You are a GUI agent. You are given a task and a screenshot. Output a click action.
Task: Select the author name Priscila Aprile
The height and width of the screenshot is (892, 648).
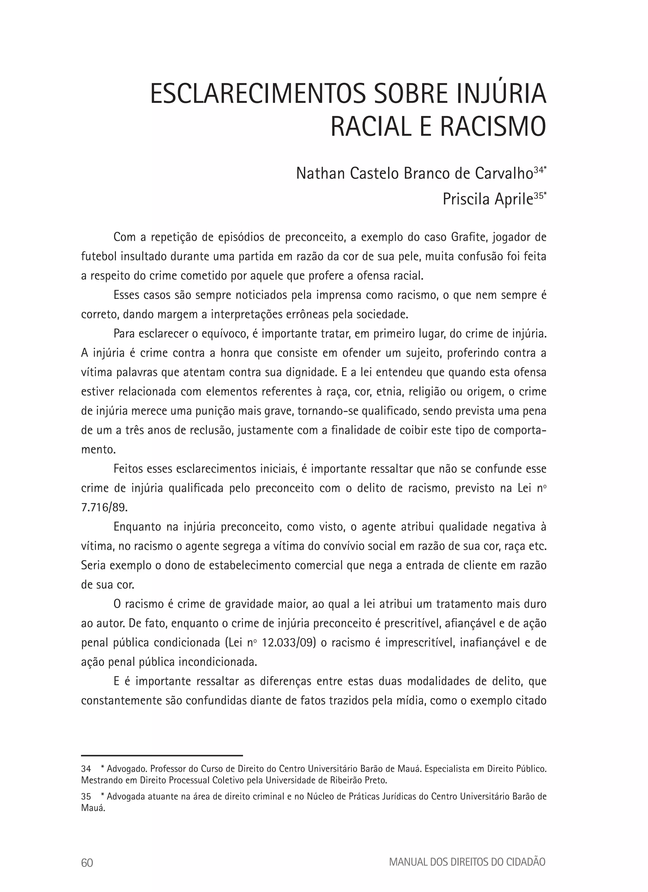click(x=488, y=200)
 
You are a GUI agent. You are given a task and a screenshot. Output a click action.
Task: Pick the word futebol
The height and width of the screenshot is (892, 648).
click(x=99, y=257)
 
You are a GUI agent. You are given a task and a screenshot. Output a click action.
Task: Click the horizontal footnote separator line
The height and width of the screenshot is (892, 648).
click(x=162, y=755)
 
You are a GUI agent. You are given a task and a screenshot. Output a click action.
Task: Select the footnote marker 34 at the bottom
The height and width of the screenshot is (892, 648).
click(x=86, y=768)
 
